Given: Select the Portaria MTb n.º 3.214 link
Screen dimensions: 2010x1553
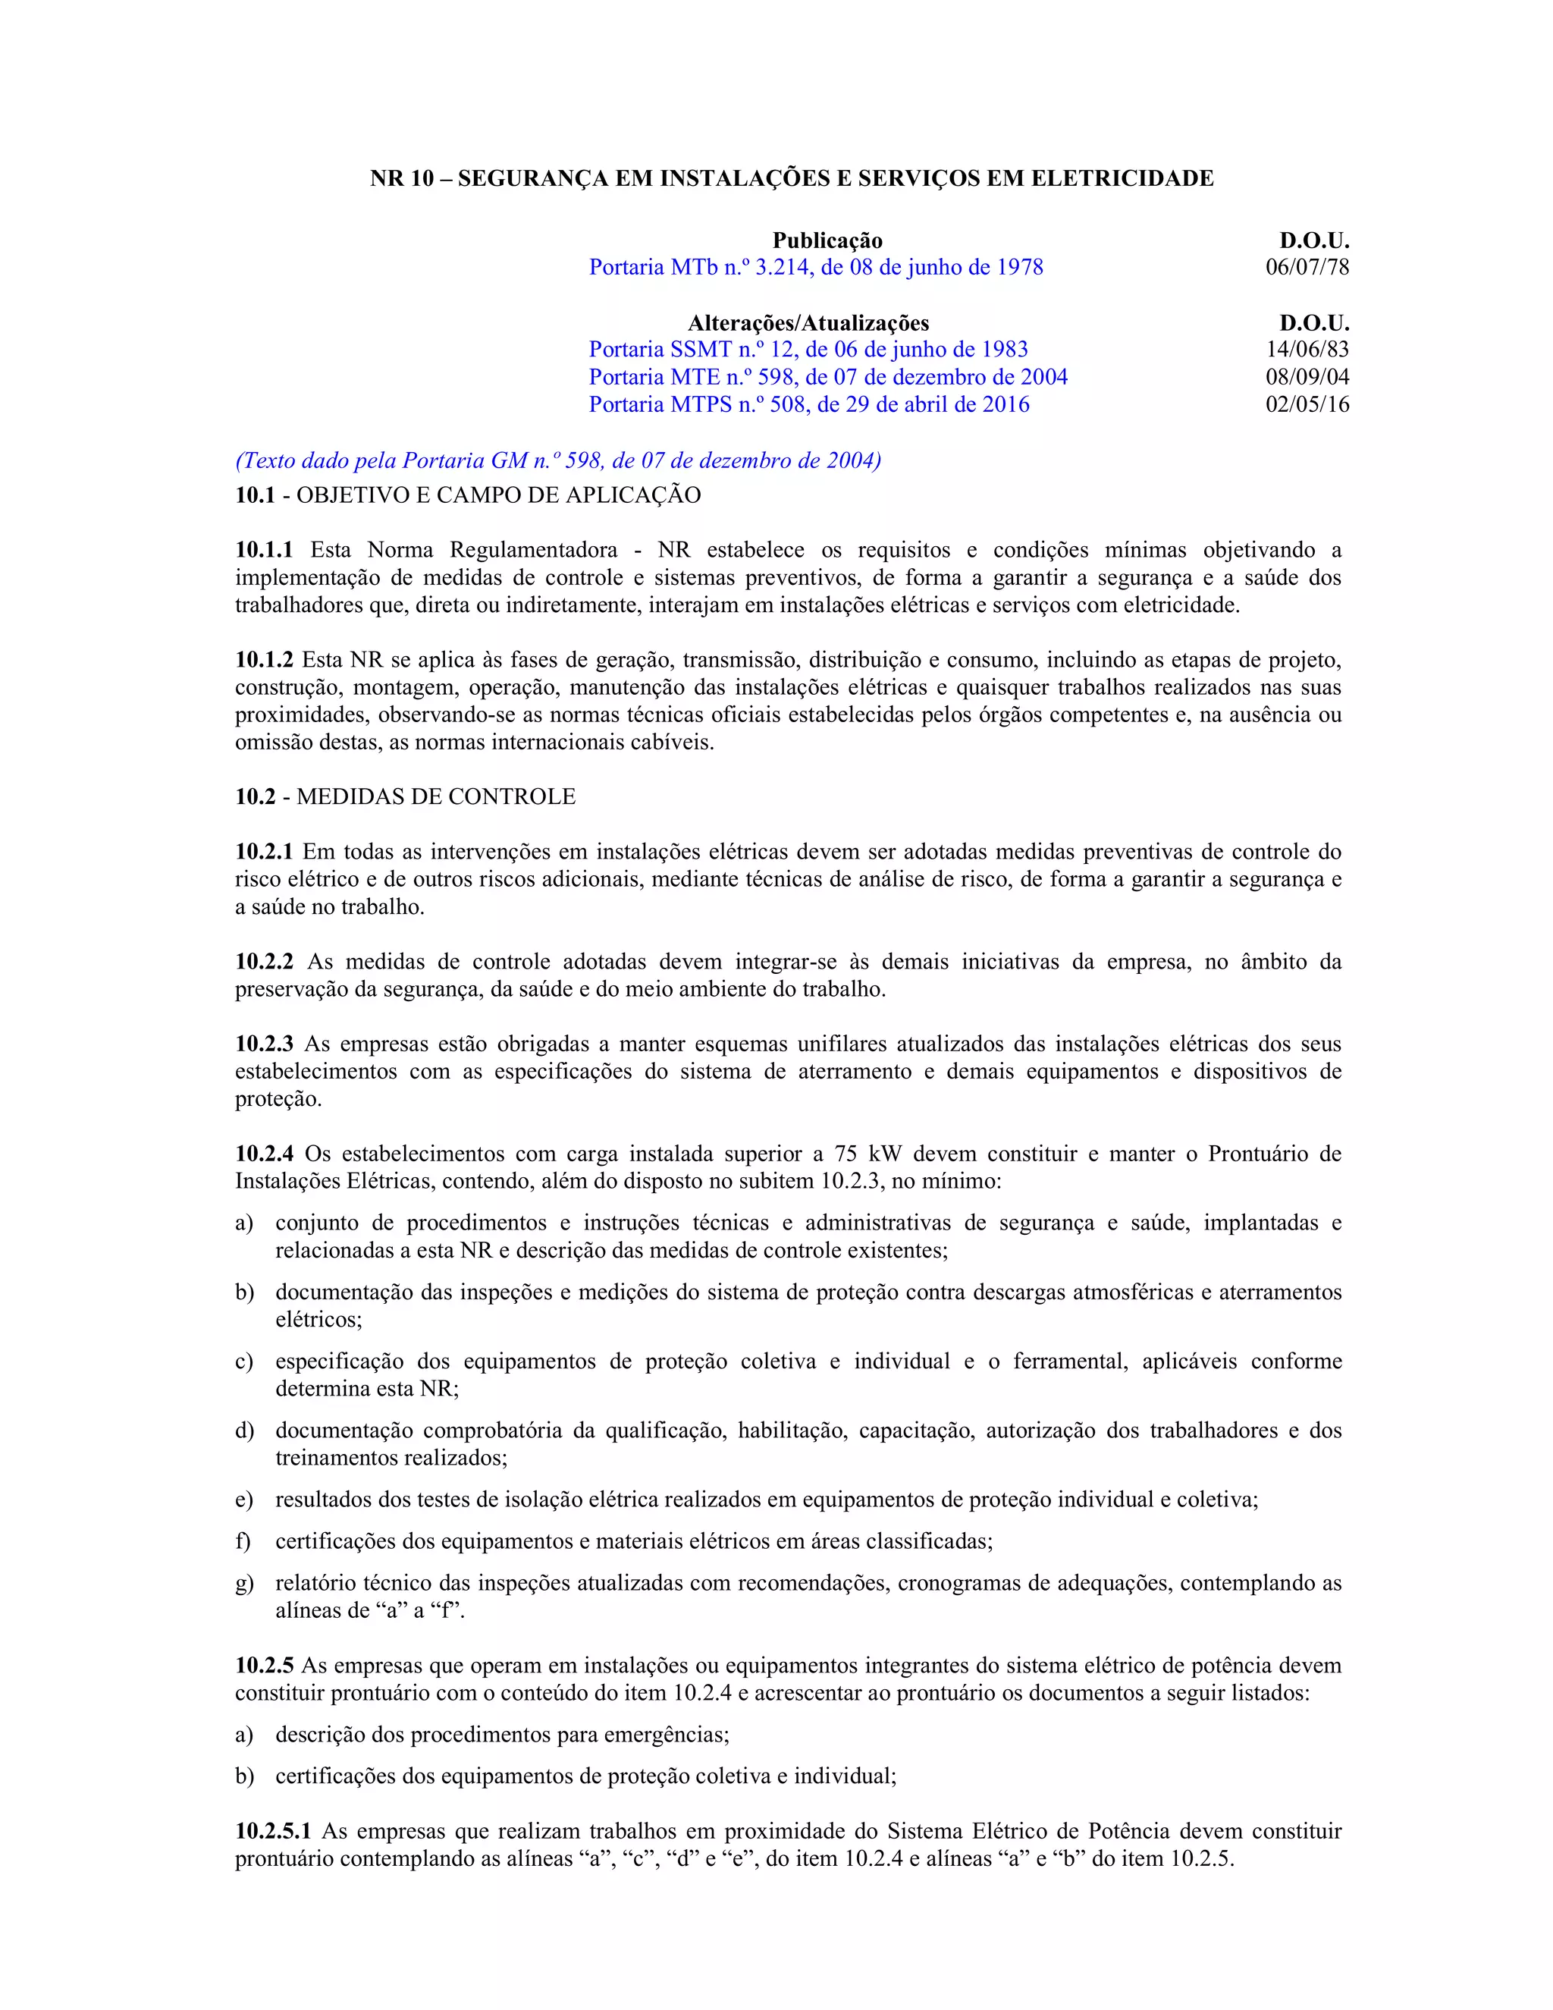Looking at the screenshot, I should pos(816,267).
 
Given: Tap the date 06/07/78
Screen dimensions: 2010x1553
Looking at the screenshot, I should pos(1307,267).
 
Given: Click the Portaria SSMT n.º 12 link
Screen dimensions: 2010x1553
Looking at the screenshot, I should pos(808,350).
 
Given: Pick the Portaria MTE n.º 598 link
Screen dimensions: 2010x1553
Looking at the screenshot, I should pos(828,377).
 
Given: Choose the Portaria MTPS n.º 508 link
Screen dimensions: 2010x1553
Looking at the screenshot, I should pos(808,405).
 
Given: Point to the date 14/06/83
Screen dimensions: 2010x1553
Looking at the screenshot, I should pos(1307,350).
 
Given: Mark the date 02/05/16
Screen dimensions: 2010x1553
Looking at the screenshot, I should pos(1307,405).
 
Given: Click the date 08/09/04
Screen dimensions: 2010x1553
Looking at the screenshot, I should pos(1307,377).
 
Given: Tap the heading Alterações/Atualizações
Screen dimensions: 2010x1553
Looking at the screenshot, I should pos(808,323).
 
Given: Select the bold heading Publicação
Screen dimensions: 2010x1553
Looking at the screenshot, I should pos(827,241).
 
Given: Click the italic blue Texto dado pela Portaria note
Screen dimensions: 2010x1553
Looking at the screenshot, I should pos(557,461).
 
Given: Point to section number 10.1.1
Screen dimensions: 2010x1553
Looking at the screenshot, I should pos(264,551).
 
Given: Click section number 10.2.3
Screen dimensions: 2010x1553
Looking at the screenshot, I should pos(264,1044).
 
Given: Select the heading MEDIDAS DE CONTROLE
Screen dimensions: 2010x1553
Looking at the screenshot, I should pos(435,797).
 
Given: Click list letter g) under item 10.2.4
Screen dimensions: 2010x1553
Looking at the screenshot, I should pos(244,1583).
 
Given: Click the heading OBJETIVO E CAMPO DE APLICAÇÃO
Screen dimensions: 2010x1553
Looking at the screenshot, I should pos(497,495).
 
